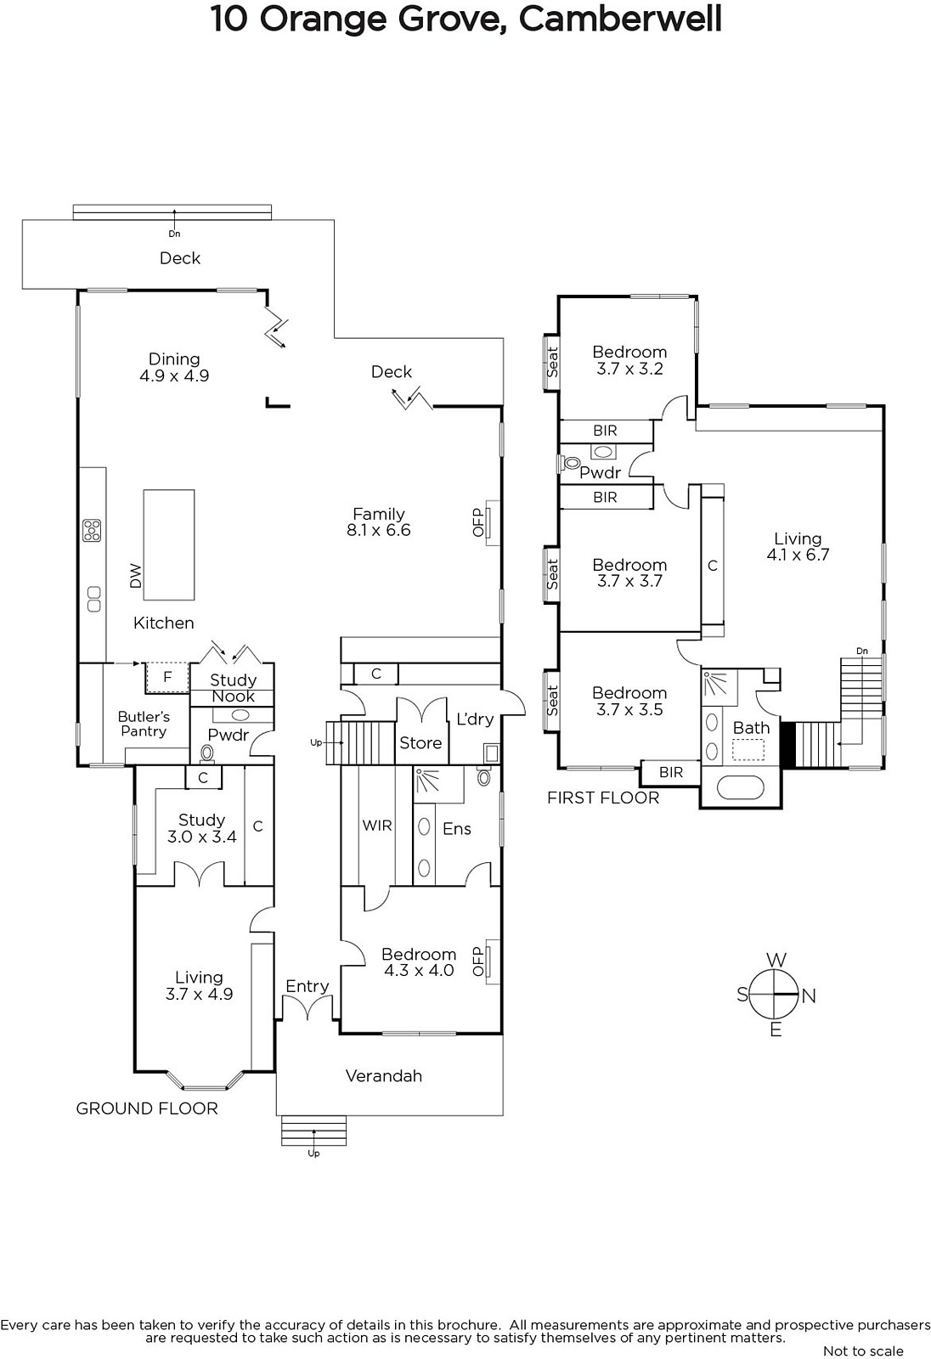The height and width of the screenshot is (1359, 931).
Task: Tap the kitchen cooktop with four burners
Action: pos(92,530)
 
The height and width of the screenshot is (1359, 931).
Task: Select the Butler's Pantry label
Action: pos(144,724)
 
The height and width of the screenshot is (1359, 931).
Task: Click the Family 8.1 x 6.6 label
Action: pos(379,522)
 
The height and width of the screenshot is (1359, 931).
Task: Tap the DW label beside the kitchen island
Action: pos(136,576)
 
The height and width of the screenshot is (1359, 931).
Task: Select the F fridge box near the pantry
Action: pos(167,677)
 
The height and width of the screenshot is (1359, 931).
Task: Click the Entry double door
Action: pos(308,1009)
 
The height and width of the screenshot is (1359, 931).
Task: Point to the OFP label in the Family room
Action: pos(478,522)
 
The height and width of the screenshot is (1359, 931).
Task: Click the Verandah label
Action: pos(384,1075)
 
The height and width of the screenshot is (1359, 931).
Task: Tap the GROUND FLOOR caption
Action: pos(147,1108)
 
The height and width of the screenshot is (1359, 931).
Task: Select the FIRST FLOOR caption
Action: pos(603,798)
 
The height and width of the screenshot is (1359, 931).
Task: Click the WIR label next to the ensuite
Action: pos(377,825)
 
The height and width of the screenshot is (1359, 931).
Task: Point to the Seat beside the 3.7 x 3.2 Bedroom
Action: pos(551,362)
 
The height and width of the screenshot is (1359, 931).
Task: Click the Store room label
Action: pos(420,742)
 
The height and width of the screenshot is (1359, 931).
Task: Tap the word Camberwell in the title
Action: pos(620,19)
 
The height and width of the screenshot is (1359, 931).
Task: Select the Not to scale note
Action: pos(863,1351)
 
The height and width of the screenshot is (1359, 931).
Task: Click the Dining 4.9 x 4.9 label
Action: pos(174,367)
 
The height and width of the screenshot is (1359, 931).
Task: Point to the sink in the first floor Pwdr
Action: pos(603,451)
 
